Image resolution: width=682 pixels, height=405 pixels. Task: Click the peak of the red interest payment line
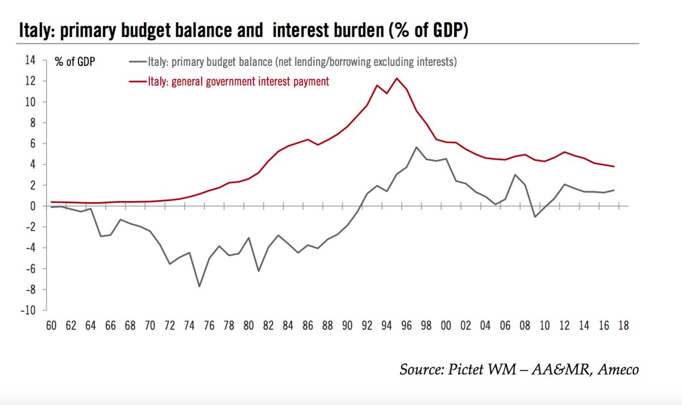click(396, 78)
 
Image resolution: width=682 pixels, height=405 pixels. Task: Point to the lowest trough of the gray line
click(199, 286)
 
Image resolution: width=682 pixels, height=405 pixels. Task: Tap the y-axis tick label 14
click(30, 60)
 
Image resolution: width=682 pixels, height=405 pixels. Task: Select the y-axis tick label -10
click(27, 311)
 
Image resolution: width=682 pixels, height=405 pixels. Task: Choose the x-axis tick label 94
click(386, 326)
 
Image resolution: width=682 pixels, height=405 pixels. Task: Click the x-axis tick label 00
click(446, 326)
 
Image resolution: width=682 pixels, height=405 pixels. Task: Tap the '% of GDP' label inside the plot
click(75, 62)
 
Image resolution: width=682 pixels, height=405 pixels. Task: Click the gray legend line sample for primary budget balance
click(138, 61)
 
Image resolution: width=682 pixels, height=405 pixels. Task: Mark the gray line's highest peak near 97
click(416, 147)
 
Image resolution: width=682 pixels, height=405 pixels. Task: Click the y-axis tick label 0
click(32, 206)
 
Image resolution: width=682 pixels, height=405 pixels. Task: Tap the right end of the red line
click(614, 166)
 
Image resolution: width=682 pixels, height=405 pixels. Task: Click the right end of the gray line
click(614, 190)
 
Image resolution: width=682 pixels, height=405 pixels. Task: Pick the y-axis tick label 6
click(32, 144)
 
